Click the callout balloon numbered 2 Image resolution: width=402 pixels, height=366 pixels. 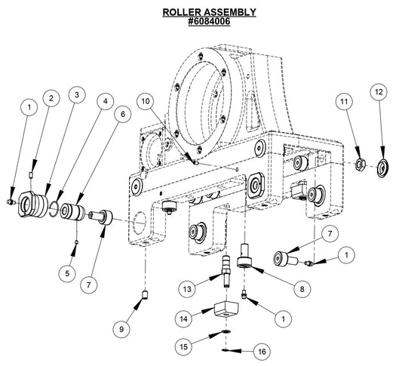[51, 98]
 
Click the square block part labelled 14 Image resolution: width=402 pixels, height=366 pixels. [226, 309]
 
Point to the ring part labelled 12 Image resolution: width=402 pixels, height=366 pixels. [382, 165]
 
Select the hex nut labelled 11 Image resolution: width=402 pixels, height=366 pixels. [361, 164]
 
